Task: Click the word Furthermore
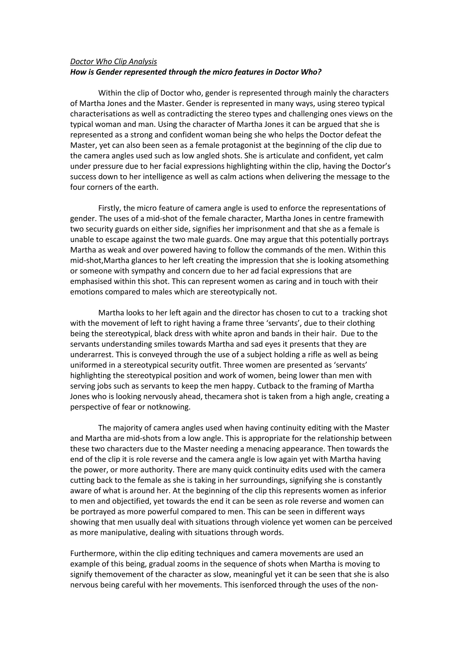(93, 554)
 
